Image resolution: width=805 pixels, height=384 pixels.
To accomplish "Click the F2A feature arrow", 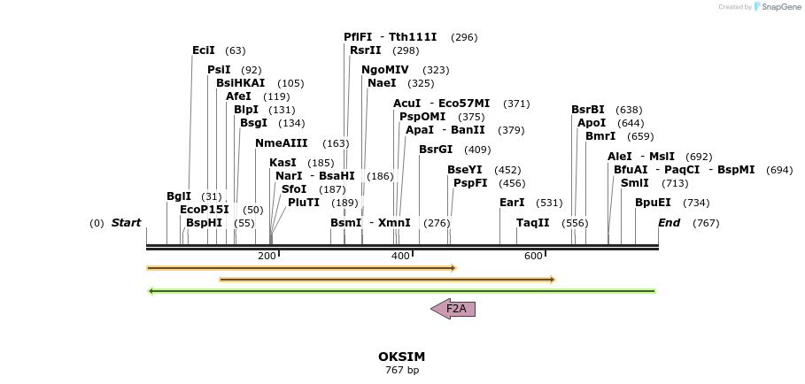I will (453, 309).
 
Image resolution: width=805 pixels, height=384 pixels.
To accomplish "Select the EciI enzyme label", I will (204, 50).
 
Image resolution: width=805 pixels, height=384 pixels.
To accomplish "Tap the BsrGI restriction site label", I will (436, 150).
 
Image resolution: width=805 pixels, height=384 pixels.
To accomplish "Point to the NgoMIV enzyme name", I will (385, 70).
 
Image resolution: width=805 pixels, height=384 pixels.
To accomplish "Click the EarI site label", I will (512, 203).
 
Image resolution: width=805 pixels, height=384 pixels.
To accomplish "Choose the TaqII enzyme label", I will (533, 223).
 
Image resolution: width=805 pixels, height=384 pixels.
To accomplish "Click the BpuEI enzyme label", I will (653, 203).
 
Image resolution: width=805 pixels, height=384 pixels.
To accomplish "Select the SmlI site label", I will (634, 183).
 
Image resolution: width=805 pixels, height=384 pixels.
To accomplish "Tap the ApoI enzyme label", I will (592, 123).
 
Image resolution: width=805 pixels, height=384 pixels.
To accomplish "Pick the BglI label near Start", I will (179, 196).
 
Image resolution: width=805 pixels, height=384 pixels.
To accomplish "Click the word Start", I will (126, 223).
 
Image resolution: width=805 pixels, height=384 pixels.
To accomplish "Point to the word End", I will (669, 223).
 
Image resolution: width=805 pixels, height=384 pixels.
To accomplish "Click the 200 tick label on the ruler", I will (267, 256).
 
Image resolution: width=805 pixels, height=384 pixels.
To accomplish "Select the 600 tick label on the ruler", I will (533, 256).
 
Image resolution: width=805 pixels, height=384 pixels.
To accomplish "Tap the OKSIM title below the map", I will (401, 357).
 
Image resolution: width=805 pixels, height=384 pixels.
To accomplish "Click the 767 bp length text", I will (401, 370).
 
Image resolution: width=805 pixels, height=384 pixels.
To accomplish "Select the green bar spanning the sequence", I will (401, 290).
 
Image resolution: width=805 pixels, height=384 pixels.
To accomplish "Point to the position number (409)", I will (477, 150).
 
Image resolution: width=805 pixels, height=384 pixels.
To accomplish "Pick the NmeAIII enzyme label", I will (282, 143).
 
